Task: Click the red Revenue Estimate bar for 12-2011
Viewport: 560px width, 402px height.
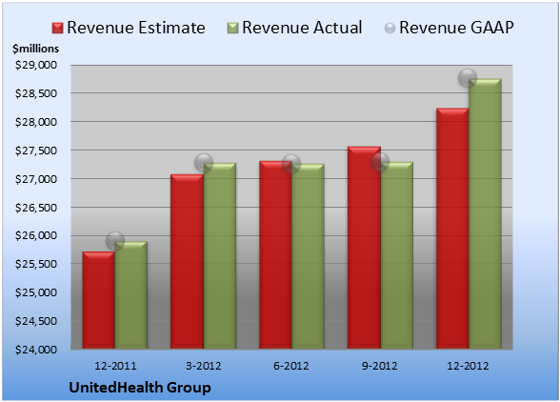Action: (99, 300)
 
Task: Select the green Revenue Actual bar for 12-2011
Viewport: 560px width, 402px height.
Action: (131, 294)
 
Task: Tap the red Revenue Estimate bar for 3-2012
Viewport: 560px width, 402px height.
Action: (187, 261)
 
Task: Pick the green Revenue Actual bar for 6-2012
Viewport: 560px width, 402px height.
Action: (308, 256)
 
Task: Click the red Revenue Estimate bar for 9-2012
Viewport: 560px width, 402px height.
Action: (364, 248)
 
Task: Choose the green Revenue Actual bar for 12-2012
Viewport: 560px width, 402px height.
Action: (485, 213)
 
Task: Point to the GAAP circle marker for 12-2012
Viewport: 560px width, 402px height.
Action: (468, 77)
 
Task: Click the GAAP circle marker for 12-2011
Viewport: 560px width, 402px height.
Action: (115, 240)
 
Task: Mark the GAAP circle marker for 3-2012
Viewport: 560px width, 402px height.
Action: (204, 163)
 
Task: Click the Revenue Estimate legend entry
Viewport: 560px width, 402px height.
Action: (129, 28)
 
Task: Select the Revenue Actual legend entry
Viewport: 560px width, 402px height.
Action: (294, 28)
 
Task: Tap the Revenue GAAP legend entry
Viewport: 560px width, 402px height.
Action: (449, 28)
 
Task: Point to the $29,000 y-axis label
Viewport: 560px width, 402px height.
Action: (36, 65)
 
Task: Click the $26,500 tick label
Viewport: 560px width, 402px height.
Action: (36, 208)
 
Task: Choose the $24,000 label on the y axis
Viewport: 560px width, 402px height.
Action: (36, 350)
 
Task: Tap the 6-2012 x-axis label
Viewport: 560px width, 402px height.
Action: (291, 366)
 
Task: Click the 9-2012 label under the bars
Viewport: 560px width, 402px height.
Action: (380, 366)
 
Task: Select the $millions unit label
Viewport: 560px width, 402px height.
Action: (35, 49)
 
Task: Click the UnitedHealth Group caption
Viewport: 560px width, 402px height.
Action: (140, 388)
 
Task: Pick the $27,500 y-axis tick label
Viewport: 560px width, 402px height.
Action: (36, 151)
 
